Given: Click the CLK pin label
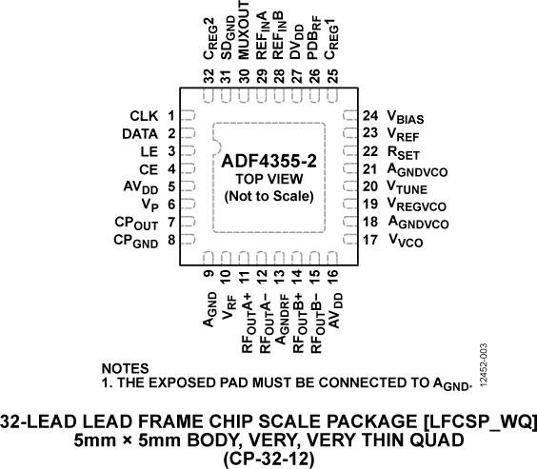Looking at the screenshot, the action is coord(144,116).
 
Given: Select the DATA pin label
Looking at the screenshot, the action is coord(140,134).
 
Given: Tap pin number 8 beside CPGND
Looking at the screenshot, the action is coord(171,240).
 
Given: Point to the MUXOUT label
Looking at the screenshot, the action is coord(244,29).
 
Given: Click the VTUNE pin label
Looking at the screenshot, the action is coord(408,187).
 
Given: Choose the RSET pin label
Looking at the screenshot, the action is coord(403,152).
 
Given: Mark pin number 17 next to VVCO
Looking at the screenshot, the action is coord(370,240).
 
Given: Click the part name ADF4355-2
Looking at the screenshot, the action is coord(268,161).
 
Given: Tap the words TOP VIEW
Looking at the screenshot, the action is coord(269,179).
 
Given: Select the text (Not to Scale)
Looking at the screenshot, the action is coord(269,196).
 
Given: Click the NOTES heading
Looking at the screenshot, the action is coord(126,368).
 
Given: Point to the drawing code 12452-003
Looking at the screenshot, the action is coord(484,365).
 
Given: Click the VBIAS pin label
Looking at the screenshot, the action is coord(406,117).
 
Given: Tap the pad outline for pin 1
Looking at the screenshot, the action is coord(188,115).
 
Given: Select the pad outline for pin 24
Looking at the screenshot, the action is coord(350,115).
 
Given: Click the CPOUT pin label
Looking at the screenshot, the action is coord(136,223).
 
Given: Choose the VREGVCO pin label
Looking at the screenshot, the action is coord(417,205).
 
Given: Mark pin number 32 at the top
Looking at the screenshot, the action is coord(209,75).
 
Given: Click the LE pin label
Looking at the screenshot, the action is coord(149,151).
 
